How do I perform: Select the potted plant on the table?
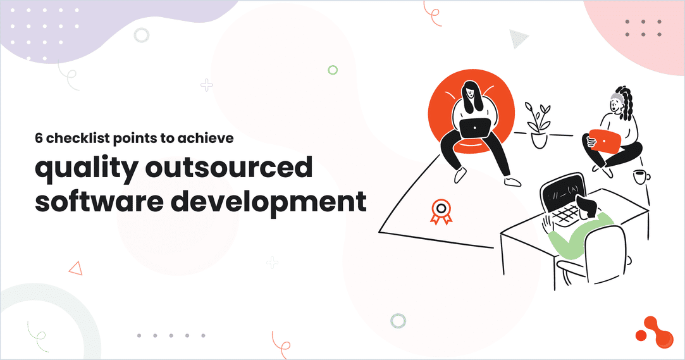(x=538, y=126)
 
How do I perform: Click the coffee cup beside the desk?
(x=641, y=177)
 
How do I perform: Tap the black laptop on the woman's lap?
(x=474, y=128)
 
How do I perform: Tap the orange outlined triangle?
(x=76, y=268)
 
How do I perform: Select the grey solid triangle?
(x=519, y=39)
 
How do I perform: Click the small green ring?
(x=333, y=70)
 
